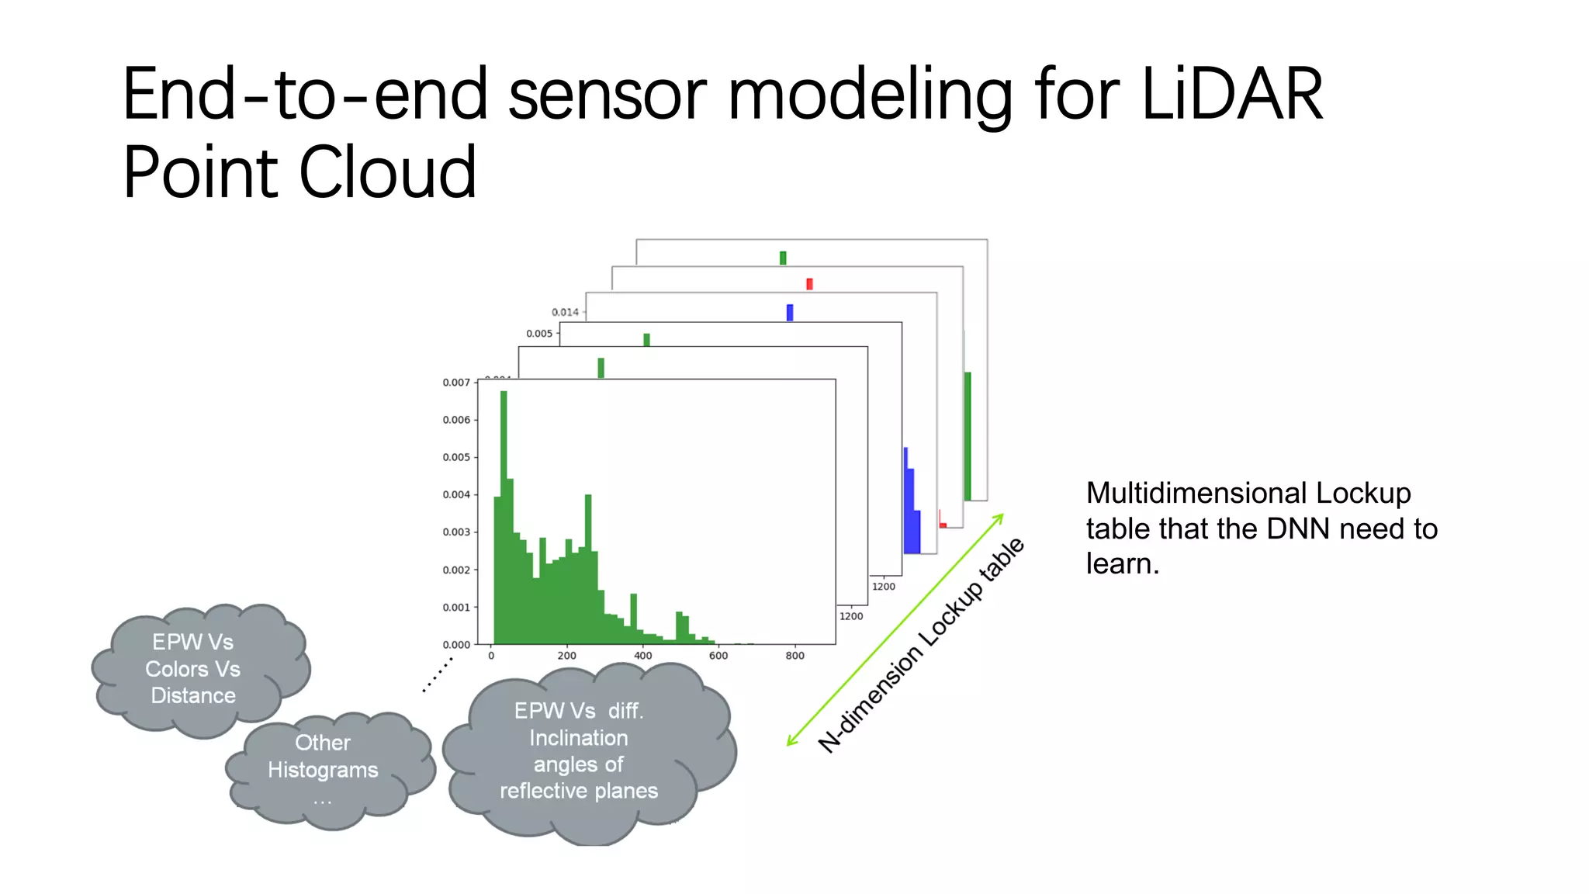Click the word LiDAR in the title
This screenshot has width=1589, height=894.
[1232, 95]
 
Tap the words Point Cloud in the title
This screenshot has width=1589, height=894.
[299, 172]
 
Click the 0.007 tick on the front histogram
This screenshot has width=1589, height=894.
[456, 383]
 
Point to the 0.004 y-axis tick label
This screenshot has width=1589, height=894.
[456, 494]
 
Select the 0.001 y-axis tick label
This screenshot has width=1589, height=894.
[456, 607]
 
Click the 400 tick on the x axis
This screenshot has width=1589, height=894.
[642, 656]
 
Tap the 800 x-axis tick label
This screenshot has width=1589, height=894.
[794, 656]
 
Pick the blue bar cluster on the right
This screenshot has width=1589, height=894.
[912, 504]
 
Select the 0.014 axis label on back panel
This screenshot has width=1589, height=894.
[565, 312]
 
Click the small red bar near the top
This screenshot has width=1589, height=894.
[809, 284]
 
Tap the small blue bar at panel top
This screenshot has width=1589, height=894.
[790, 312]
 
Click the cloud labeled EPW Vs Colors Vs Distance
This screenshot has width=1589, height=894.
[193, 669]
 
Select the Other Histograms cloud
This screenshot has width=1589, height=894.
[324, 768]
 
